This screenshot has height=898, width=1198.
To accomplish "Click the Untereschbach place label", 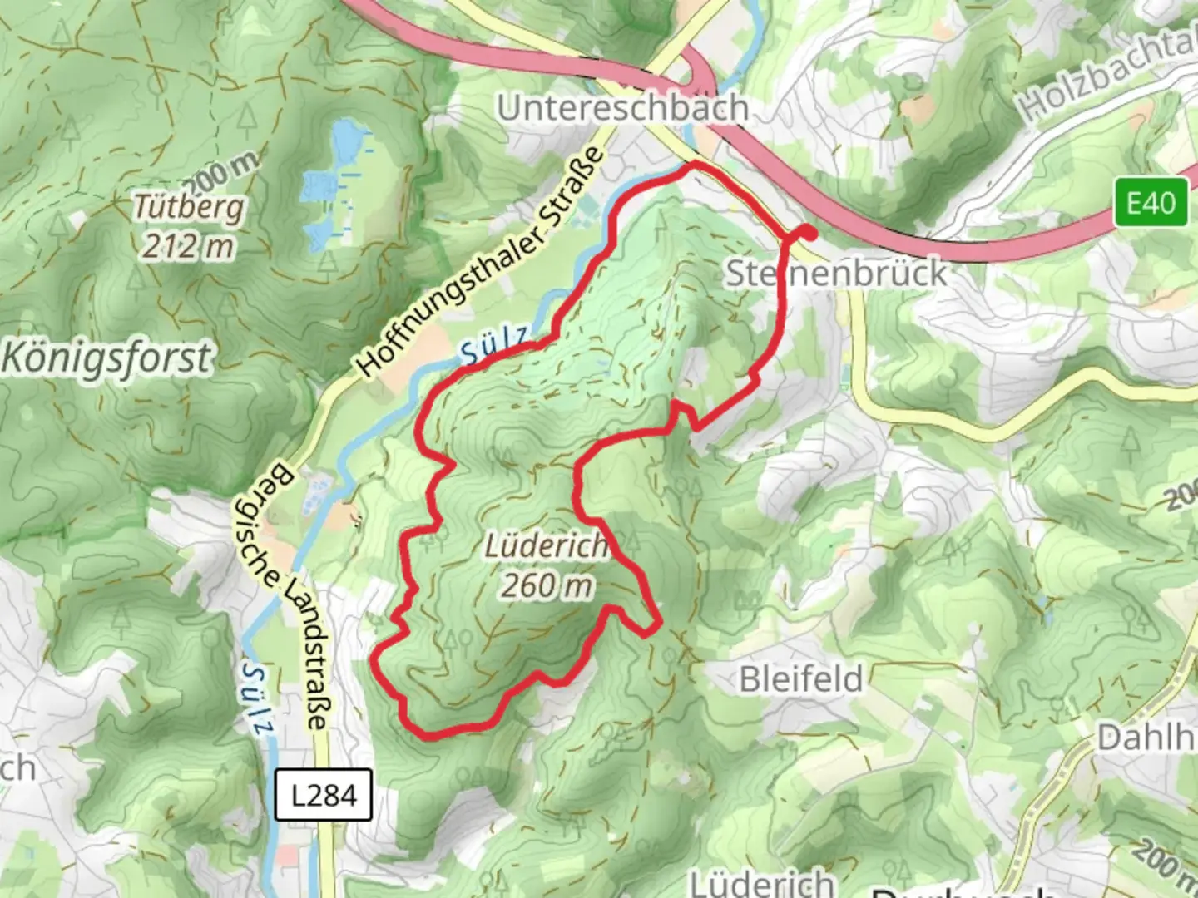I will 622,108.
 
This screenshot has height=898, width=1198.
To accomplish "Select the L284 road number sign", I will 324,796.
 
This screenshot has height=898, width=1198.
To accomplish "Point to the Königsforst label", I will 106,358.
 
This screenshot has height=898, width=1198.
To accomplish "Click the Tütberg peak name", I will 190,207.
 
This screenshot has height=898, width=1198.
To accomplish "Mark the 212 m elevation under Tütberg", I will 187,246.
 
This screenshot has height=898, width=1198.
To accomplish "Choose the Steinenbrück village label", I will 836,273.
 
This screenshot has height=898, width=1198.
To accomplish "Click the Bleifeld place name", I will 801,679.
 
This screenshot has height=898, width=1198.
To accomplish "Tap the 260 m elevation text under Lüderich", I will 547,585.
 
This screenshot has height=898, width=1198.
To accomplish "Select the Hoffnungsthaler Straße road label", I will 480,262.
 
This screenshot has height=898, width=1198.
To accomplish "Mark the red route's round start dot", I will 806,233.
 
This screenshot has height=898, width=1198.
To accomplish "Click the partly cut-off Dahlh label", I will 1146,738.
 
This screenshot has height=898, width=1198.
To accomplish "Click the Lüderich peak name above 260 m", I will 546,546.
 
